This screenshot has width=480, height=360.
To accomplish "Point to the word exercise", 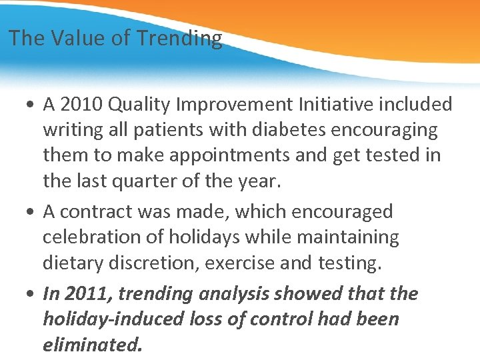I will [241, 263].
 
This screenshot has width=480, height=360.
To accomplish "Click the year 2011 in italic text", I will [85, 294].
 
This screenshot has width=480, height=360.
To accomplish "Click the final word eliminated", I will [92, 345].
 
